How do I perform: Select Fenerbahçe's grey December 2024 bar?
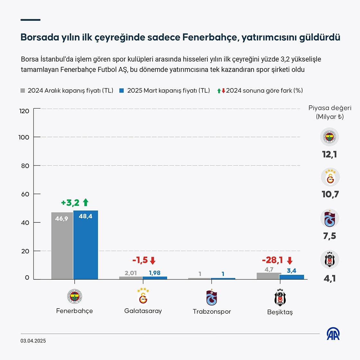[x=62, y=246]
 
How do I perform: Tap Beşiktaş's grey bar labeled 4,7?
[x=269, y=276]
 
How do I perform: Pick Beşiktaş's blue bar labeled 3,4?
[x=292, y=277]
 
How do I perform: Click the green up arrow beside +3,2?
[x=85, y=203]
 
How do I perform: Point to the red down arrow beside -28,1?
[x=290, y=260]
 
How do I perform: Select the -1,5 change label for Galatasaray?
[x=140, y=260]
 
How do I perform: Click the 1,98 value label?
[x=155, y=273]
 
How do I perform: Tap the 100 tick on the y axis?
[x=24, y=137]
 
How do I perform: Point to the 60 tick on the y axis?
[x=25, y=194]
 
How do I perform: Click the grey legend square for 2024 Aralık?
[x=23, y=91]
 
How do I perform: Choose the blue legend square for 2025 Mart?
[x=122, y=91]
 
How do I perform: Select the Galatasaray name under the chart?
[x=143, y=311]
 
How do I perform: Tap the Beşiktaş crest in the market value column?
[x=329, y=259]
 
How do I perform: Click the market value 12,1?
[x=329, y=155]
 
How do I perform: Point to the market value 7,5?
[x=329, y=236]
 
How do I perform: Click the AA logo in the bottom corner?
[x=333, y=334]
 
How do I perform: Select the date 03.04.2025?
[x=33, y=341]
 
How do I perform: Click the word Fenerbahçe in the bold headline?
[x=210, y=37]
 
